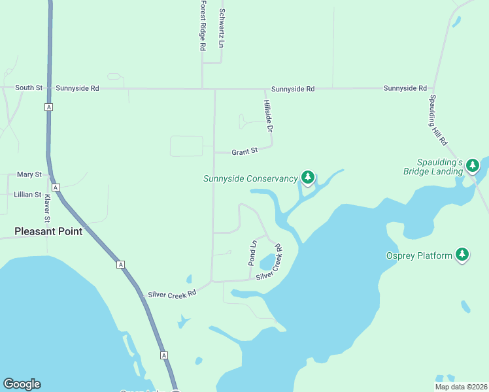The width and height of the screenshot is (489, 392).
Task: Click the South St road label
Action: (29, 88)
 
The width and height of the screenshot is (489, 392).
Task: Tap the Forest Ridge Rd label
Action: (203, 25)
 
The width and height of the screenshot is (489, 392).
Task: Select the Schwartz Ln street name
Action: (222, 29)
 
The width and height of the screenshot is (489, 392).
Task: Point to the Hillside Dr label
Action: (267, 117)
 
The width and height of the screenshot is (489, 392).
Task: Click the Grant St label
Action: (245, 151)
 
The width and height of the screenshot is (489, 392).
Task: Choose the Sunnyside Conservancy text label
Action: (250, 178)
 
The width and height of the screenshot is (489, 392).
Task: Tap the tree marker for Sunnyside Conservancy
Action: (308, 177)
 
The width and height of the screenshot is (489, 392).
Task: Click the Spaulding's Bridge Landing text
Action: (441, 167)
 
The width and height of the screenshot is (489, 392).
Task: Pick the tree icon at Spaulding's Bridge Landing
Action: (473, 166)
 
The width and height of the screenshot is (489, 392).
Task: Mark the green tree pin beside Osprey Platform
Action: (462, 254)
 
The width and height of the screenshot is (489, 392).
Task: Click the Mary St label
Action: (29, 174)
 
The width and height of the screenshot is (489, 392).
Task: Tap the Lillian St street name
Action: (28, 195)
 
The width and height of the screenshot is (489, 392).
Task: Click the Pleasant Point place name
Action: (49, 231)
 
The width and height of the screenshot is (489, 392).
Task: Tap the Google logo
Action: (22, 384)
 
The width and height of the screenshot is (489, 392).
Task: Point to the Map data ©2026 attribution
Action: (460, 387)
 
